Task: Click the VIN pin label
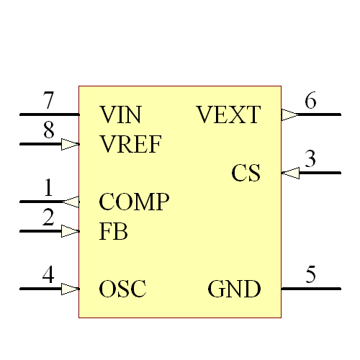point(120,114)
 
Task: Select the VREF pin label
point(131,144)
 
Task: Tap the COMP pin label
point(134,202)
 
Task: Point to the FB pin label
point(113,232)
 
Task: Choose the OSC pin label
point(122,289)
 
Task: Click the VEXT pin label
point(228,114)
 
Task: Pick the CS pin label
point(246,174)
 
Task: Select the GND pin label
point(234,289)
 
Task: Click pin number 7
point(48,99)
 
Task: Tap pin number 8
point(48,130)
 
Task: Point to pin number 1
point(48,188)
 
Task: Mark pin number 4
point(48,275)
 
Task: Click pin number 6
point(310,101)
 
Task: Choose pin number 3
point(310,159)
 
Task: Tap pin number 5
point(310,275)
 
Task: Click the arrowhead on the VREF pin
point(70,144)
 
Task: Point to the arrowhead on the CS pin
point(289,173)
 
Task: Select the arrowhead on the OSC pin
point(70,289)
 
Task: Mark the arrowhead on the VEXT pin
point(289,114)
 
